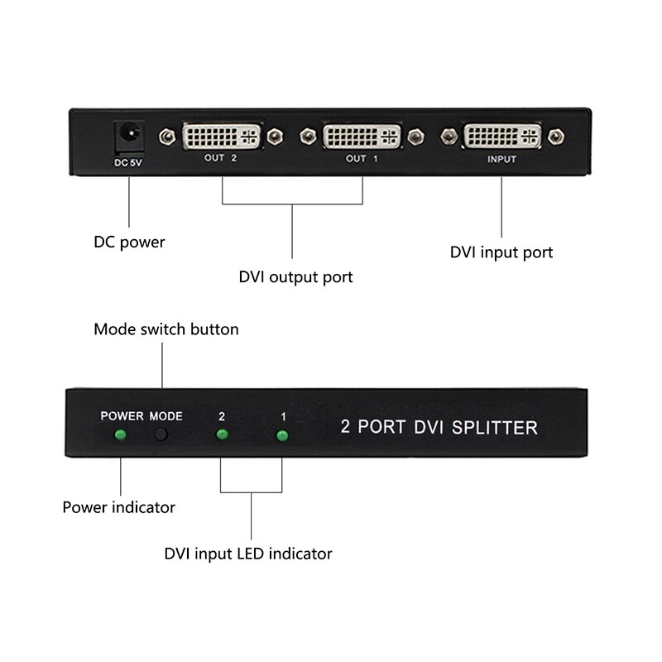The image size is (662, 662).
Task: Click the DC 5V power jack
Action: pyautogui.click(x=129, y=133)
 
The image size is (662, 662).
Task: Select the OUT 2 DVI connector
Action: pyautogui.click(x=221, y=135)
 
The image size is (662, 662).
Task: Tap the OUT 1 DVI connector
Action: pyautogui.click(x=362, y=135)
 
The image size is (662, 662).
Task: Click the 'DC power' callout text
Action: pyautogui.click(x=129, y=242)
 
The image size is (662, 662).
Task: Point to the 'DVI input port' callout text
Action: pyautogui.click(x=501, y=252)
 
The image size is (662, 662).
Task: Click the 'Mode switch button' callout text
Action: pyautogui.click(x=166, y=329)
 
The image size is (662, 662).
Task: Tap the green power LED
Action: pyautogui.click(x=120, y=435)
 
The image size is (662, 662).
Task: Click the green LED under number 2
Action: pyautogui.click(x=221, y=435)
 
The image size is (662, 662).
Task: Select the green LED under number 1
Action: pyautogui.click(x=282, y=435)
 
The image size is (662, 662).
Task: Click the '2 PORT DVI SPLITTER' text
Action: pyautogui.click(x=439, y=428)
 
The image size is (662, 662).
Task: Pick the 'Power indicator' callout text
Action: pyautogui.click(x=119, y=506)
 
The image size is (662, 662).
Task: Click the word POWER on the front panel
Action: pyautogui.click(x=122, y=415)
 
